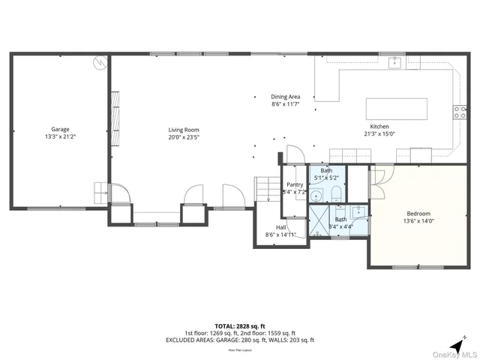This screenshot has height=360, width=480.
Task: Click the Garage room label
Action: tap(60, 129)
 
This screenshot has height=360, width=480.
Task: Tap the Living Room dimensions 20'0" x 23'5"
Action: tap(183, 138)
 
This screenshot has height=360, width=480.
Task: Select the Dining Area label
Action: tap(286, 97)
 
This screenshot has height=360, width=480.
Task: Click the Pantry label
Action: tap(295, 184)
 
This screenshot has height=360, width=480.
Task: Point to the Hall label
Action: tap(281, 227)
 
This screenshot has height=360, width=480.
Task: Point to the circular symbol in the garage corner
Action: tap(99, 64)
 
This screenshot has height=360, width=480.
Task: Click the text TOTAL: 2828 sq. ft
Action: tap(240, 326)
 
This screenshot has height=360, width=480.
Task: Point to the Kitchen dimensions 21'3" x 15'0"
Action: tap(379, 134)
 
